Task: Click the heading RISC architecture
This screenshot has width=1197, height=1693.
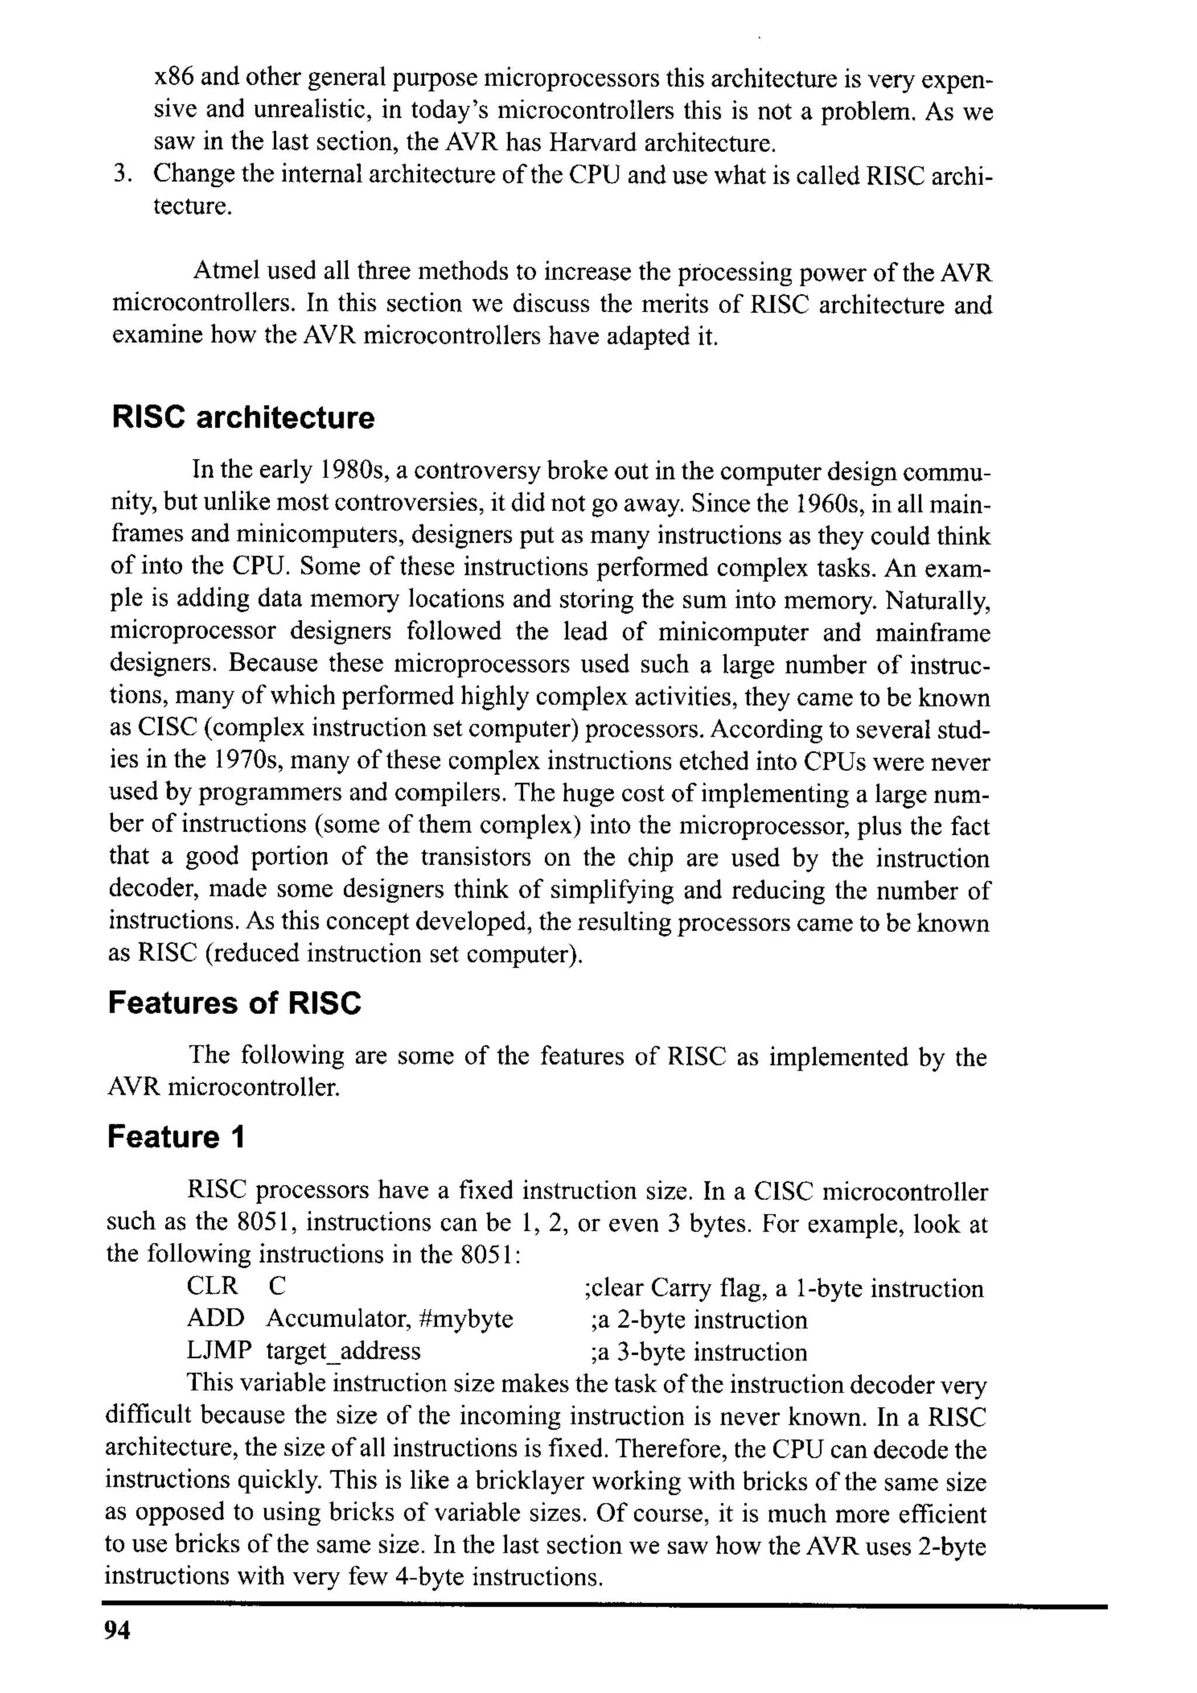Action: (x=243, y=418)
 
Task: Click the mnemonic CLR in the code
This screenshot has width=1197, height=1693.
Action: (x=212, y=1287)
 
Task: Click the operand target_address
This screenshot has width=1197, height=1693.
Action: (x=343, y=1352)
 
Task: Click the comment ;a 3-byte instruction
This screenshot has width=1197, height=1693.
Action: (x=698, y=1352)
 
